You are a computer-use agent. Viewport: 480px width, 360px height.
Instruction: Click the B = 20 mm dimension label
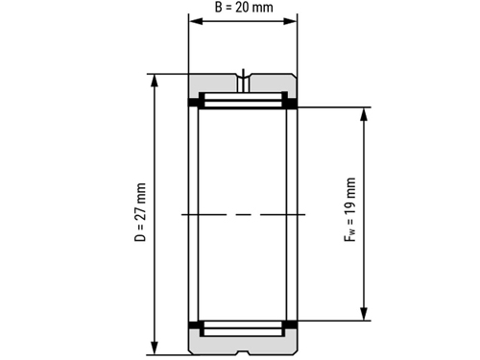pos(244,7)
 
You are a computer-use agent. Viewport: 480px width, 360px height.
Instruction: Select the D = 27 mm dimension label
pos(140,212)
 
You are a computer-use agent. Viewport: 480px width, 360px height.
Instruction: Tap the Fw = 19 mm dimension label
pos(350,209)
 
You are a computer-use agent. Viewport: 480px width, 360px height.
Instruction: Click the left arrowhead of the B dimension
pos(196,21)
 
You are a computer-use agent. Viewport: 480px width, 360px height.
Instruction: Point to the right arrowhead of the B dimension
pos(290,21)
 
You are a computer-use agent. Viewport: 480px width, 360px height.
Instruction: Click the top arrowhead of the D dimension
pos(155,81)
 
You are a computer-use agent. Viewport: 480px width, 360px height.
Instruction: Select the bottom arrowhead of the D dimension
pos(155,348)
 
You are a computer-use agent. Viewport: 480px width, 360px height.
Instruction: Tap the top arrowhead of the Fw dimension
pos(364,114)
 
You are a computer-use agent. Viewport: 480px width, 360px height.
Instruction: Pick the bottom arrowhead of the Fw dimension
pos(364,314)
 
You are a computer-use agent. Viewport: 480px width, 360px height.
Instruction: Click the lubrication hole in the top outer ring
pos(243,83)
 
